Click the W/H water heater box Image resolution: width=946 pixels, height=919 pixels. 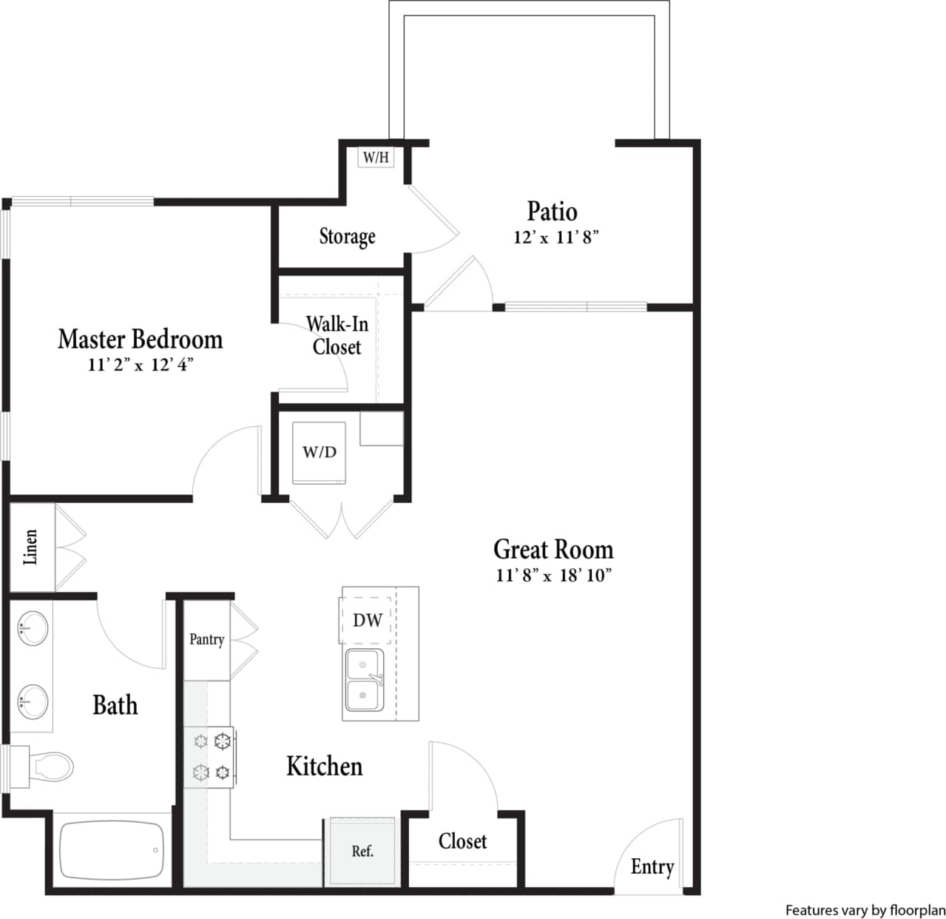point(376,158)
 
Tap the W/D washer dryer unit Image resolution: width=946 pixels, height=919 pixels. point(319,452)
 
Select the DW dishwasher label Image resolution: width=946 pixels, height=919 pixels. point(367,620)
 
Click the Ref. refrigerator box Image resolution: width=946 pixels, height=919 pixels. point(362,851)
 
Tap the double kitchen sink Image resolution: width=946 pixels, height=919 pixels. point(363,680)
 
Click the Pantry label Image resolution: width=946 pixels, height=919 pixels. point(206,639)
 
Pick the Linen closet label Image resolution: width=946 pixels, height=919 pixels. point(31,547)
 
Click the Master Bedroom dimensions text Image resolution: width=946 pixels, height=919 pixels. point(141,365)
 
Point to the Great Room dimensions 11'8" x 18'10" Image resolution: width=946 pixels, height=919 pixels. point(554,575)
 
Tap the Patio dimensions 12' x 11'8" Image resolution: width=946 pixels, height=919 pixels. point(555,238)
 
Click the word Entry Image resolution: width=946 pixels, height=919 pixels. point(652,866)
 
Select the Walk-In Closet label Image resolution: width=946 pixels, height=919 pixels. point(337,335)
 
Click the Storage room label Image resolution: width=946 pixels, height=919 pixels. point(347,236)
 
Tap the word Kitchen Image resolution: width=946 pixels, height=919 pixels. point(324,766)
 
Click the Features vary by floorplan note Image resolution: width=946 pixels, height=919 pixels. point(865,910)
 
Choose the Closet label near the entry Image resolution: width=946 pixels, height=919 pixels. point(462,841)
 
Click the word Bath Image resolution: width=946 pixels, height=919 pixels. point(115,705)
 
